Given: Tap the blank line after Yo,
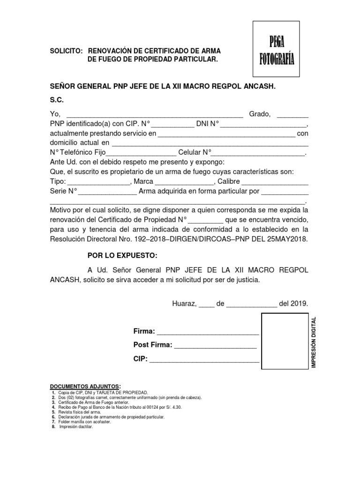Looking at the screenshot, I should click(155, 115).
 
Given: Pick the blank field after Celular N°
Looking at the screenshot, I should click(258, 153).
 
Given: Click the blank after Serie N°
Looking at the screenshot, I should click(107, 192).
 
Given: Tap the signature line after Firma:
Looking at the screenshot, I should click(208, 332).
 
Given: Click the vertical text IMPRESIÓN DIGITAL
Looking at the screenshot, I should click(314, 342).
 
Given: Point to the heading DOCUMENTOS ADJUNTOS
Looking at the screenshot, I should click(85, 385).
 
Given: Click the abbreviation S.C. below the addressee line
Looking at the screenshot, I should click(57, 100).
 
